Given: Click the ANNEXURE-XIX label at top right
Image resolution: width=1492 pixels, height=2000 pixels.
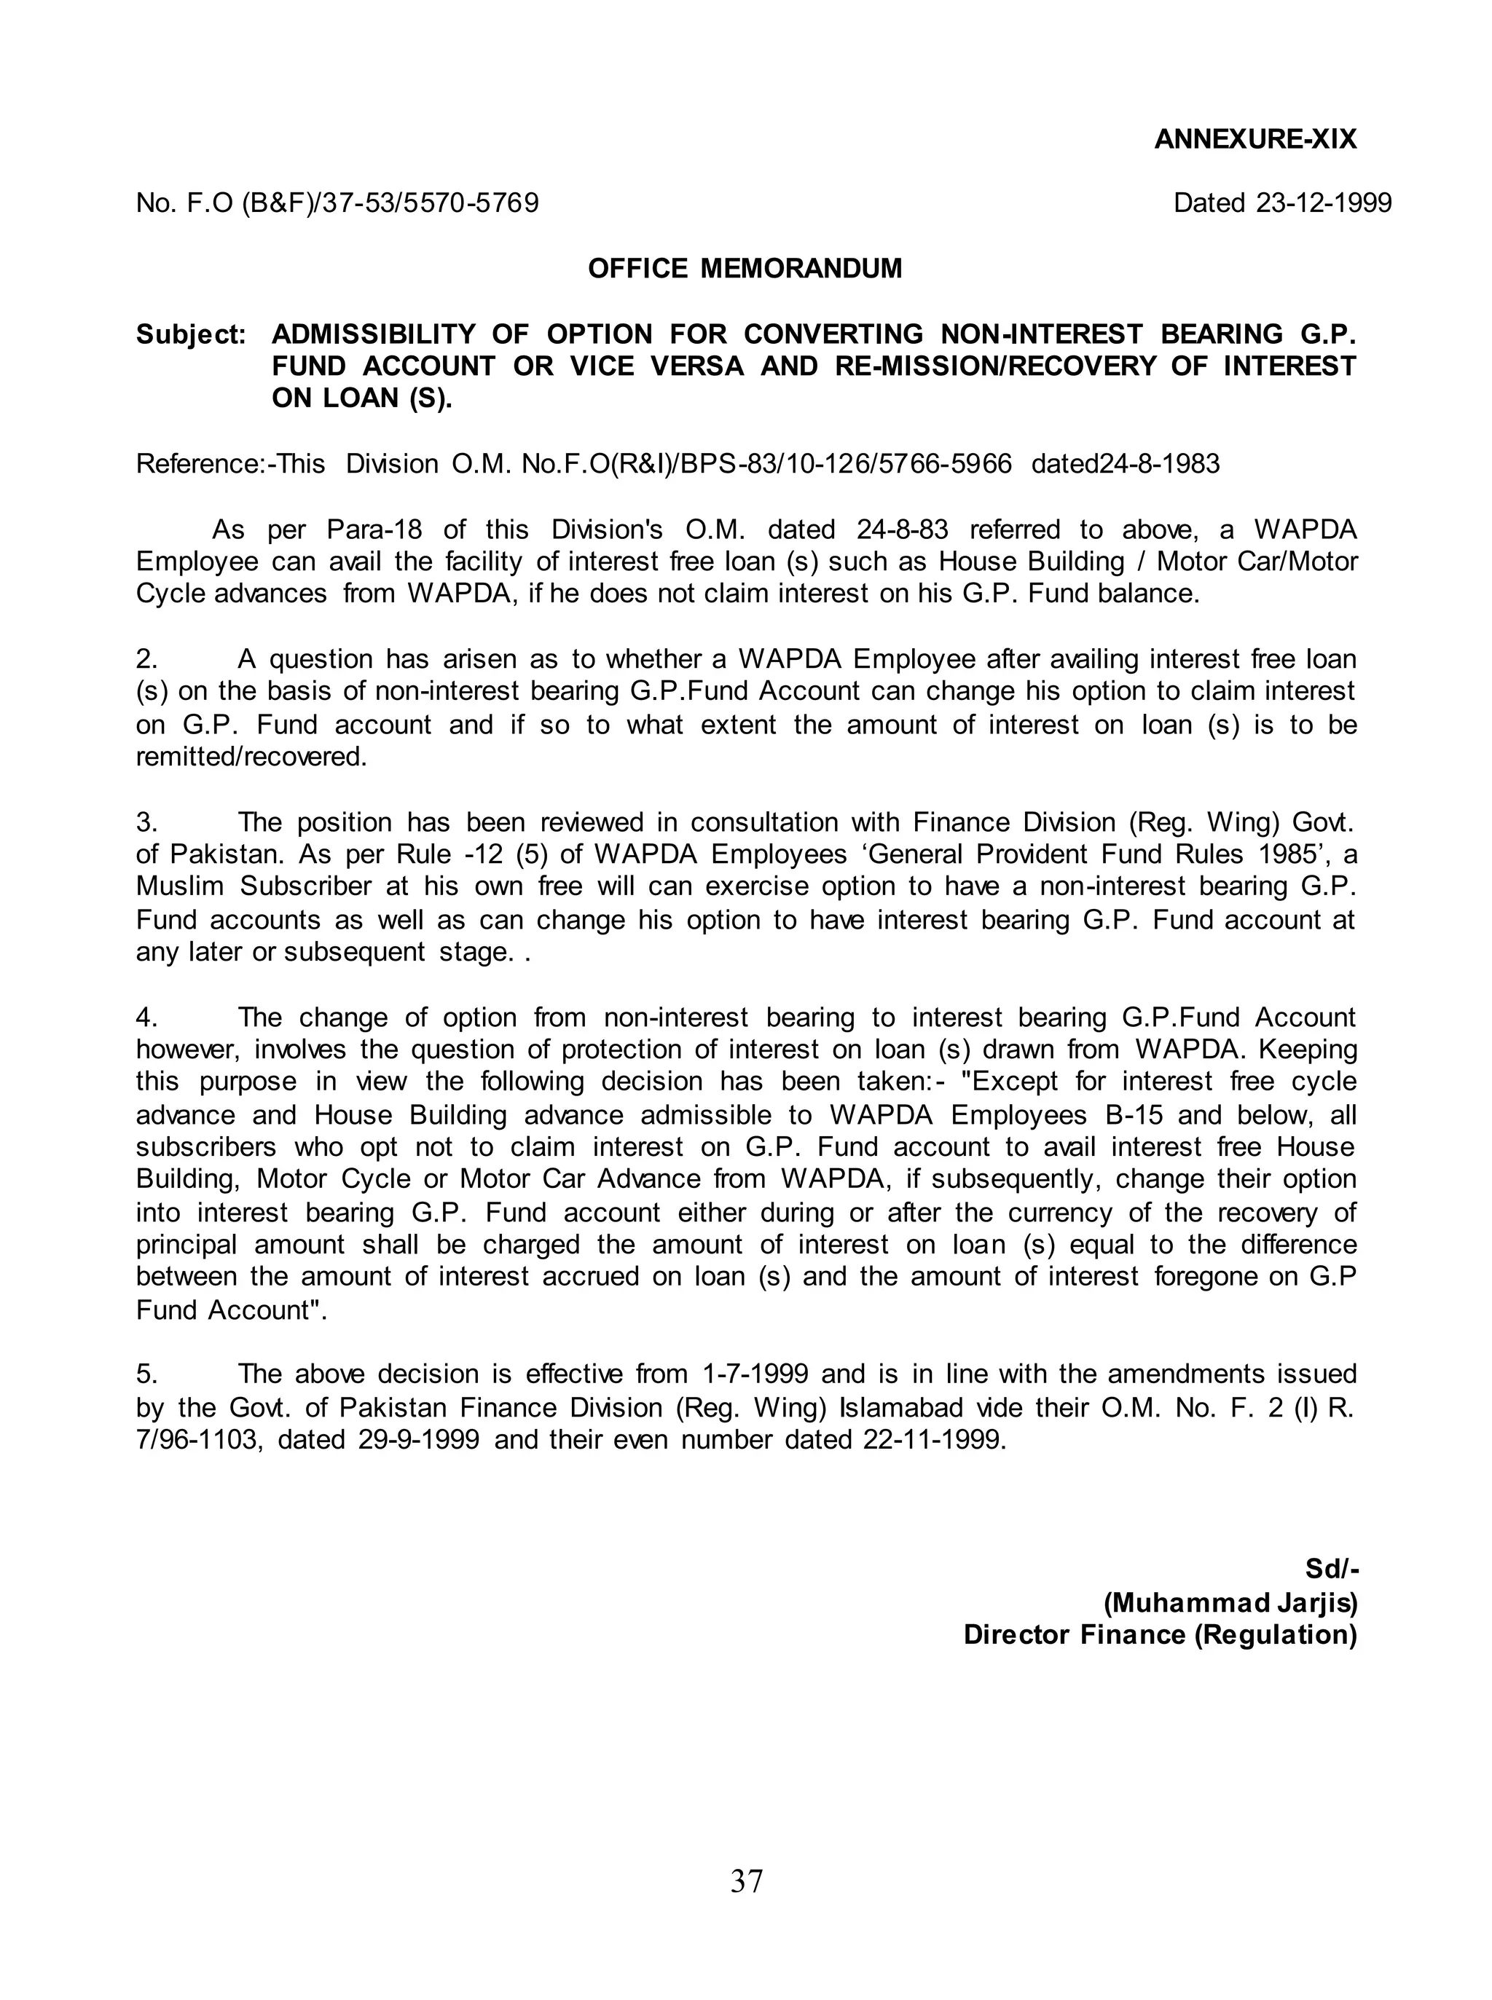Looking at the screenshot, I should click(x=1255, y=139).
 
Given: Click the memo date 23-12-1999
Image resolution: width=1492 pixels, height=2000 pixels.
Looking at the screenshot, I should click(x=1323, y=202).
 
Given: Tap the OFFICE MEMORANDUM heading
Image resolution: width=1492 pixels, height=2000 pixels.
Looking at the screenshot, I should click(x=745, y=268).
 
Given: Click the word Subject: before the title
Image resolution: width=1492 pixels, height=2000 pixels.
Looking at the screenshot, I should click(x=191, y=334).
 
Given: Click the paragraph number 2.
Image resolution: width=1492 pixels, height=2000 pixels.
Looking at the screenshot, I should click(x=146, y=659).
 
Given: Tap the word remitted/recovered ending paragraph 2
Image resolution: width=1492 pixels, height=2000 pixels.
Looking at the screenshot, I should click(x=251, y=757).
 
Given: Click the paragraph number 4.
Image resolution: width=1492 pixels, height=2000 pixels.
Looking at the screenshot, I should click(x=146, y=1017).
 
